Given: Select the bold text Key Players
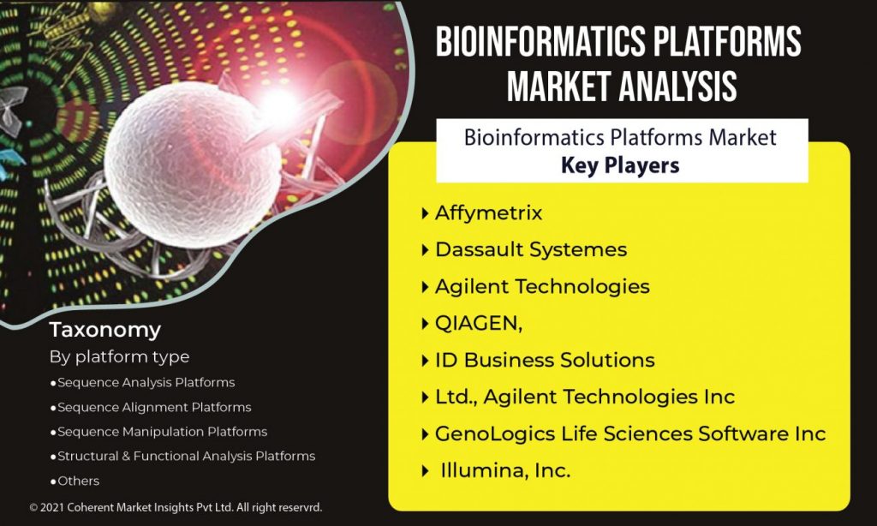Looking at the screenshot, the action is [x=620, y=165].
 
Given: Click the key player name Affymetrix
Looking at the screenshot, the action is [x=489, y=212].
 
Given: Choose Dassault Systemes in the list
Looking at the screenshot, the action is [x=531, y=249].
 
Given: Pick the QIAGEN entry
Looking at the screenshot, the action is [x=479, y=324].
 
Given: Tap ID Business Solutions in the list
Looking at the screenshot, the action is [x=545, y=360].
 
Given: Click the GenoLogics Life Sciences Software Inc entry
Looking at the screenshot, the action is [x=630, y=433].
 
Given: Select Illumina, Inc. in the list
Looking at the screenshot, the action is [x=505, y=470].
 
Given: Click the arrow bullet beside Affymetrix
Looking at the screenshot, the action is [x=425, y=213].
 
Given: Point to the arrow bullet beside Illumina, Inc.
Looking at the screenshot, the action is [x=425, y=471].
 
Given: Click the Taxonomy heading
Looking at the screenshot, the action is [x=105, y=330].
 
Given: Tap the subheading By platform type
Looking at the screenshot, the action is [x=119, y=357].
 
